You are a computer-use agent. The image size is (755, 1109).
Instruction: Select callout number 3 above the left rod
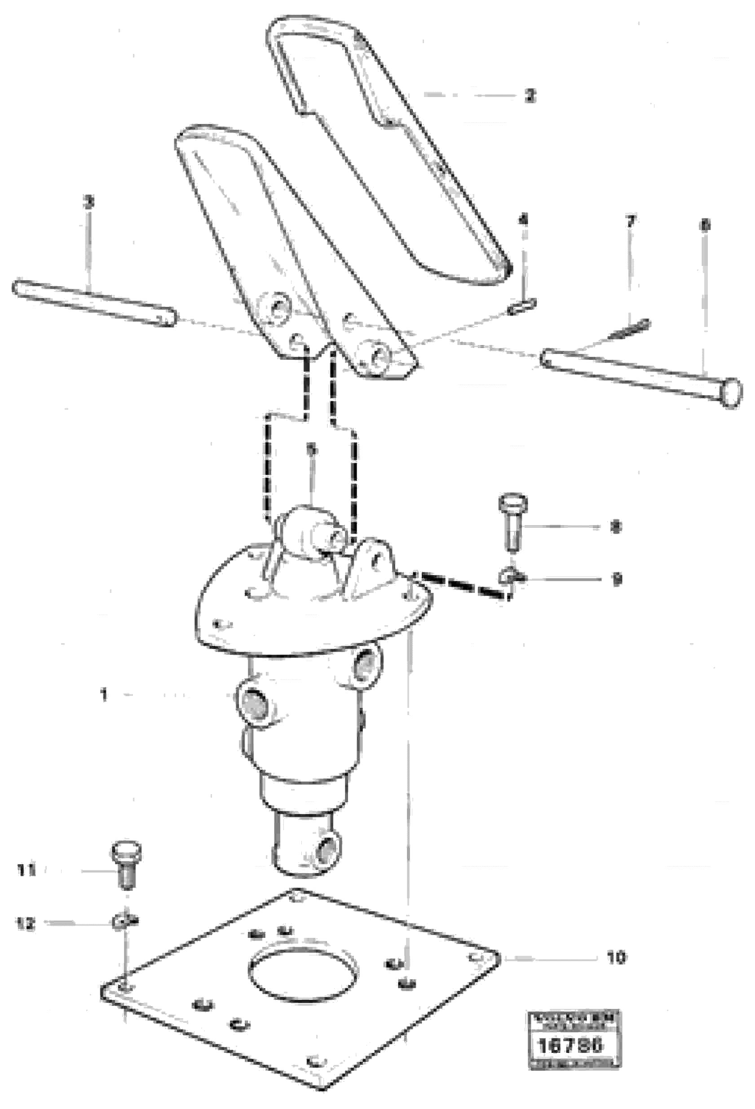89,202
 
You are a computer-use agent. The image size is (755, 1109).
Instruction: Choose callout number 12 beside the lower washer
26,924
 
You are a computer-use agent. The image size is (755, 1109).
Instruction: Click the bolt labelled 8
512,523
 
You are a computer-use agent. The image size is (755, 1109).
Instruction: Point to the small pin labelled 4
521,306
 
